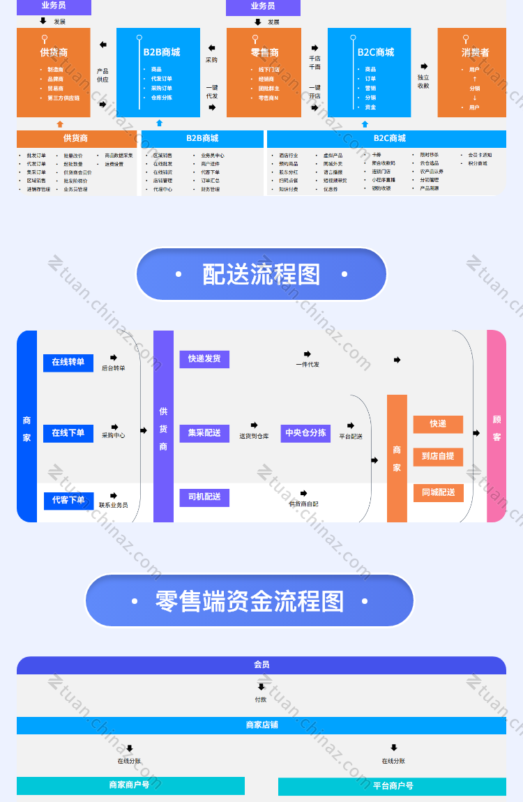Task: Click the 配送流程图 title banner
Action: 261,275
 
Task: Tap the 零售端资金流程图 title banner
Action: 250,600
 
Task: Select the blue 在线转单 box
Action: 68,363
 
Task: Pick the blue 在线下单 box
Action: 68,433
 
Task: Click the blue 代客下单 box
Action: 68,500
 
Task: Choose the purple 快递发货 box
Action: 204,359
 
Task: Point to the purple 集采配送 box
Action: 204,433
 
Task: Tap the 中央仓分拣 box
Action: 305,433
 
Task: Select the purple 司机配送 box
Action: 204,497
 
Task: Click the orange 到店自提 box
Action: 438,456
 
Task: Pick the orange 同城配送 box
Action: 438,492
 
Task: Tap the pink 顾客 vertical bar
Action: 497,427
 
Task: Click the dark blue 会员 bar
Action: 261,665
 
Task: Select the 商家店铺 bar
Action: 261,725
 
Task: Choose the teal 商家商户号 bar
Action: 130,785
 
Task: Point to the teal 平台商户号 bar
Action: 392,786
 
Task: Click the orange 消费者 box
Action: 472,73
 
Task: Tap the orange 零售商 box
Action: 264,73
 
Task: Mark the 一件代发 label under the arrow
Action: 308,365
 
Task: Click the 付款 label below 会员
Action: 261,699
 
